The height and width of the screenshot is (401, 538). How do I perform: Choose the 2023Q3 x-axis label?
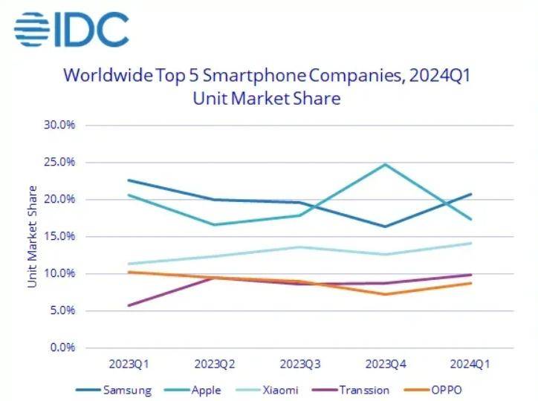tap(300, 364)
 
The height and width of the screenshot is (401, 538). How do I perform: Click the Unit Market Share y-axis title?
tap(33, 236)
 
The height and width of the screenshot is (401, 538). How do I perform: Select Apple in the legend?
tap(201, 389)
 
